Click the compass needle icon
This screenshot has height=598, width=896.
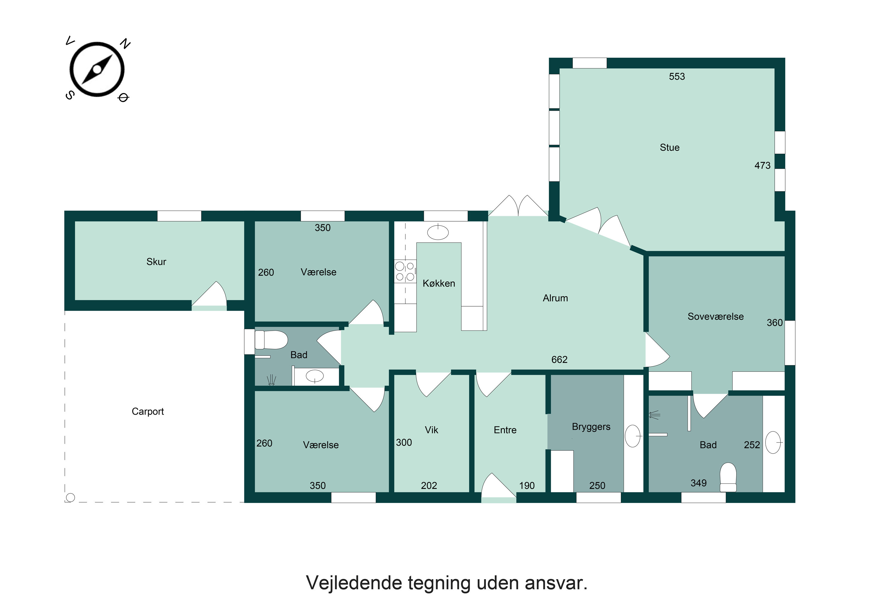(97, 69)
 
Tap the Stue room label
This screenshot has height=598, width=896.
(669, 148)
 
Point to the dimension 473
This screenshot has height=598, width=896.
(762, 166)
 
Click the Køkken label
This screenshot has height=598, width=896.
(438, 283)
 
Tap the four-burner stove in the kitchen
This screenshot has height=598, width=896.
(405, 271)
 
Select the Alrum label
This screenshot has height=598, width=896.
(555, 298)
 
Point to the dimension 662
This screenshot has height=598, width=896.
(559, 360)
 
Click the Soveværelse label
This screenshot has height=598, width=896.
(715, 317)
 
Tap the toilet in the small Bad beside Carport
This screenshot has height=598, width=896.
(271, 340)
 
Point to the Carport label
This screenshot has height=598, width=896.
(148, 411)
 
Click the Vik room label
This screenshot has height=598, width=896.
(431, 430)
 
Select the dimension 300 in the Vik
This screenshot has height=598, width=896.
(403, 443)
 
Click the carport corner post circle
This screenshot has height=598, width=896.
(70, 497)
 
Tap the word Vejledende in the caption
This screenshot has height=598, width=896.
(354, 583)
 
